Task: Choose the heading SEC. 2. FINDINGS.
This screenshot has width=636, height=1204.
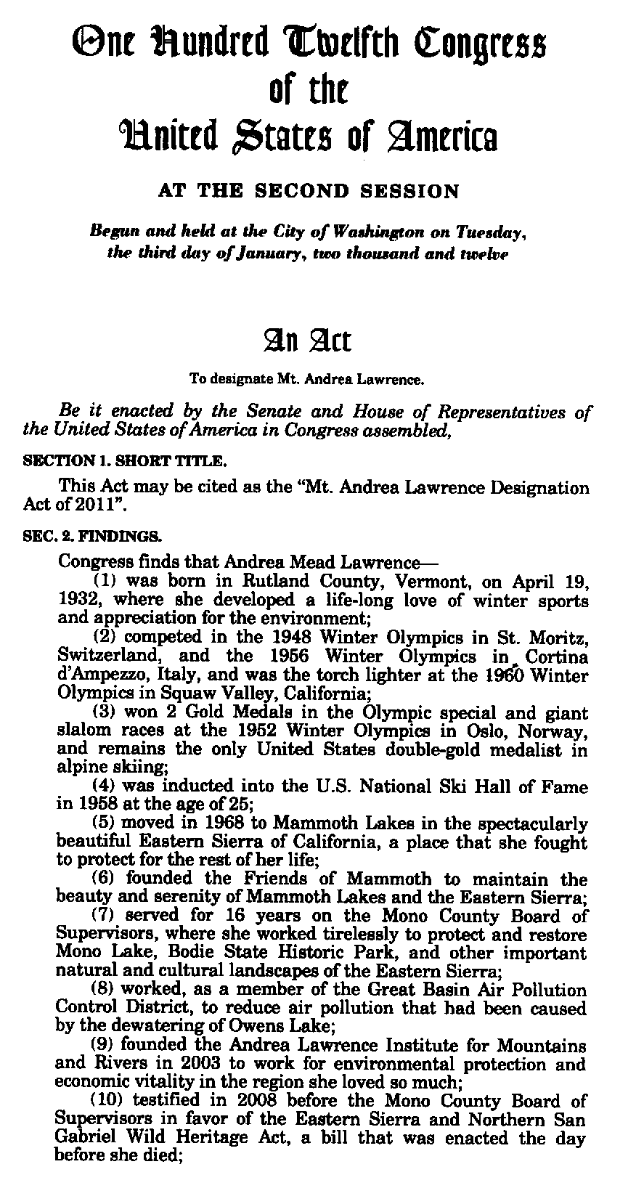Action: [x=93, y=538]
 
